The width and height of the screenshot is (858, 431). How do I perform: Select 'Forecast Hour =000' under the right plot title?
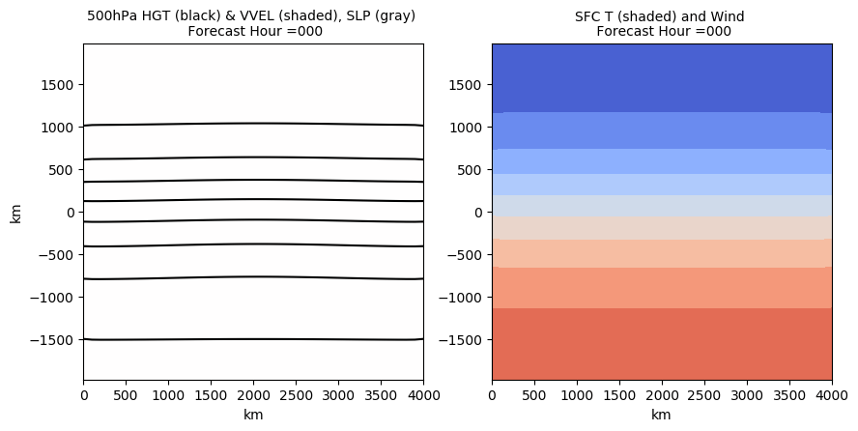click(663, 31)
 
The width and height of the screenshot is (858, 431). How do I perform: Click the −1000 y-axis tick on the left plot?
click(56, 298)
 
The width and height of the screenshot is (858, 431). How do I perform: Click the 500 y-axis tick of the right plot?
click(472, 170)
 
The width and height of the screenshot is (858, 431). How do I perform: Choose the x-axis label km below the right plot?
click(662, 415)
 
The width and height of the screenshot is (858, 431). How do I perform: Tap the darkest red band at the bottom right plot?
click(662, 344)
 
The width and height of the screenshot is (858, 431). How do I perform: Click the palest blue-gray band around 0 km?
click(662, 205)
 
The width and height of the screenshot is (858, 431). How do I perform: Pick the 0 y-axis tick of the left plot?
click(71, 213)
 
